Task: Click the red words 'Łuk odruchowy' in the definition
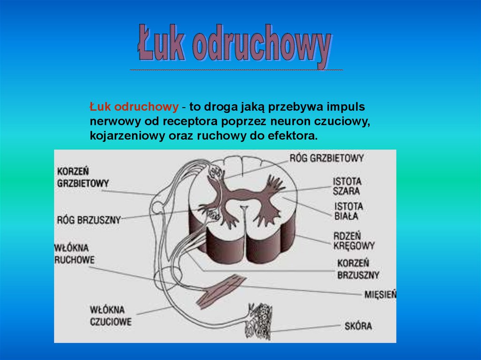pos(134,107)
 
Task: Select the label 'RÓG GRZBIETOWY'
pos(326,158)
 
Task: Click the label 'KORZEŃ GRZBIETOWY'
pos(83,177)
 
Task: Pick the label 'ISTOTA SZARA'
pos(347,186)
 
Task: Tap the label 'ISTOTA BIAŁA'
pos(348,211)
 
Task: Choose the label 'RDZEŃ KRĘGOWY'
pos(354,240)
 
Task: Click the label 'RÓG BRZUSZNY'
pos(89,219)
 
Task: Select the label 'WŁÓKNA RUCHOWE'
pos(74,254)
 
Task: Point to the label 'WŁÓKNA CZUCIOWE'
pos(110,316)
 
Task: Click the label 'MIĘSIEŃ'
pos(380,295)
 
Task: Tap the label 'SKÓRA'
pos(357,325)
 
